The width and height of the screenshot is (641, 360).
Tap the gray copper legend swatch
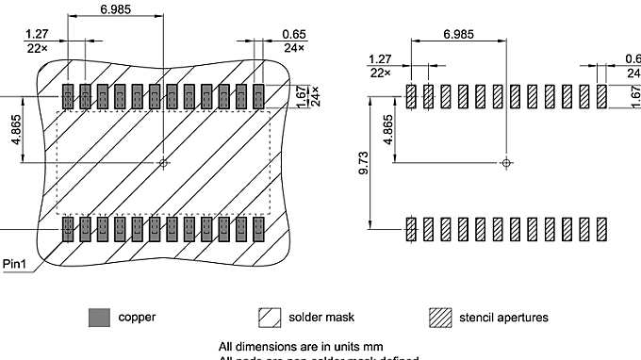coord(99,317)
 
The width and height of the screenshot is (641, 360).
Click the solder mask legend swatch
coord(270,317)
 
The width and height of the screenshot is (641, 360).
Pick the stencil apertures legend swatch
coord(440,317)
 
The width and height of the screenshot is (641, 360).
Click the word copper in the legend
coord(137,318)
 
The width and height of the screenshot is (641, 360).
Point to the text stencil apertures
coord(504,318)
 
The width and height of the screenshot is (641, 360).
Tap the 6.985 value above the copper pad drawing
coord(115,9)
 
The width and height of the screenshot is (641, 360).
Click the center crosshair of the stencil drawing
coord(507,163)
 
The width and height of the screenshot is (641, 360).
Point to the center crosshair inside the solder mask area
coord(164,163)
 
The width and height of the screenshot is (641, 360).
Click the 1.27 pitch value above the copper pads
coord(37,34)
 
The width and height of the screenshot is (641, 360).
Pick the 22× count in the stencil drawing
coord(380,72)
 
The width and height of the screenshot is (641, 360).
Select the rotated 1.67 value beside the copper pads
coord(300,97)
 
